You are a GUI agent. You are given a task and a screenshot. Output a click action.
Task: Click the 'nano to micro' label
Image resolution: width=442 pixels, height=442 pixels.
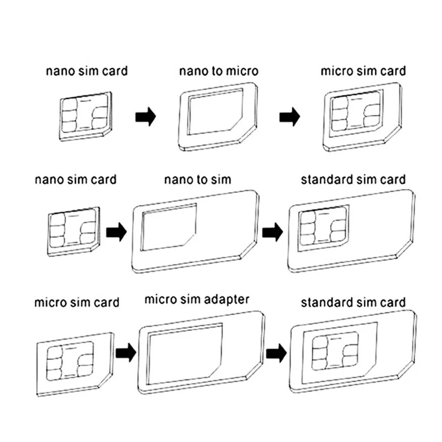(x=219, y=71)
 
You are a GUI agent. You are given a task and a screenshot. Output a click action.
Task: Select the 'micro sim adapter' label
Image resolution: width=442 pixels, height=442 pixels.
(x=197, y=300)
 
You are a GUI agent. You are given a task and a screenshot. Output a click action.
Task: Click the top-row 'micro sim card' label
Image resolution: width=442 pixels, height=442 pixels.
(x=363, y=71)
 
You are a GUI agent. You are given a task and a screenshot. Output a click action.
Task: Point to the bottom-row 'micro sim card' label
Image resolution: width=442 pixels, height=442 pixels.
(x=77, y=302)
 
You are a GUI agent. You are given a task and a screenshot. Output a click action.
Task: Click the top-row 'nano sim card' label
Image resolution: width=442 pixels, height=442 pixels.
(x=87, y=71)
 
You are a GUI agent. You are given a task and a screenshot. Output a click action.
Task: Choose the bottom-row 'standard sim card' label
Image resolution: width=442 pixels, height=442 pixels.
(x=353, y=302)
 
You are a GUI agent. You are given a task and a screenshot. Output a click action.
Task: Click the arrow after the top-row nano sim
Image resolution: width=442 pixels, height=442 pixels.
(x=145, y=117)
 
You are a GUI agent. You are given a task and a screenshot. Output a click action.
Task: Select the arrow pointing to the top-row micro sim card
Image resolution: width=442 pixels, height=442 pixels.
(x=290, y=117)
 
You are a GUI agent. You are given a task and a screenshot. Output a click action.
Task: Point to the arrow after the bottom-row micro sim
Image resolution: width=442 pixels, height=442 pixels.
(x=125, y=353)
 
